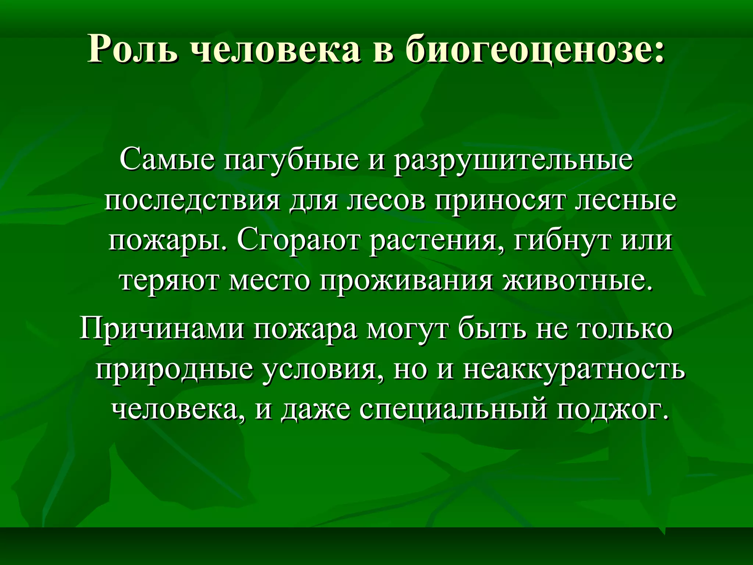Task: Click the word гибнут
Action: (562, 242)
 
